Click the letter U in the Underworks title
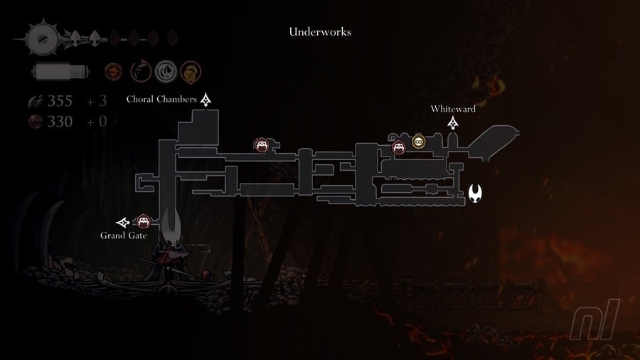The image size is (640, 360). (x=293, y=32)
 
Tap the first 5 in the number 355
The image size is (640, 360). (x=60, y=101)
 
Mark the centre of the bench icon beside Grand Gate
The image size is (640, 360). (x=143, y=222)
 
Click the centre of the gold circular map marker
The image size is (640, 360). (x=418, y=142)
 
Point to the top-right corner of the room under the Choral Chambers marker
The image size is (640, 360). (x=218, y=110)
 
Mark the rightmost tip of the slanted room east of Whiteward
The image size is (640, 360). (x=519, y=132)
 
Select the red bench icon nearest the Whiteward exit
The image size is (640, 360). (x=399, y=147)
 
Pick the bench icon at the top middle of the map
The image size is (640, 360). (x=262, y=144)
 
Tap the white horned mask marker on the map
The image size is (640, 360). (x=475, y=193)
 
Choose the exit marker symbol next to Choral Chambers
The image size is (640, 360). (x=206, y=100)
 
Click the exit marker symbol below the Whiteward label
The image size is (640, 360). (x=453, y=123)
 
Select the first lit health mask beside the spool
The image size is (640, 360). (x=75, y=39)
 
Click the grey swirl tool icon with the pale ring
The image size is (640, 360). (x=166, y=71)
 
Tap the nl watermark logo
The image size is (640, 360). (x=595, y=320)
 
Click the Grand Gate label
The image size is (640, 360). (x=123, y=235)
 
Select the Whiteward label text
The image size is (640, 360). (x=453, y=109)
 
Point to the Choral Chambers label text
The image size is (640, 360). (x=161, y=99)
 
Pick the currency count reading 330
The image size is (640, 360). (x=60, y=122)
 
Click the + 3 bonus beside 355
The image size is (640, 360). (x=97, y=101)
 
